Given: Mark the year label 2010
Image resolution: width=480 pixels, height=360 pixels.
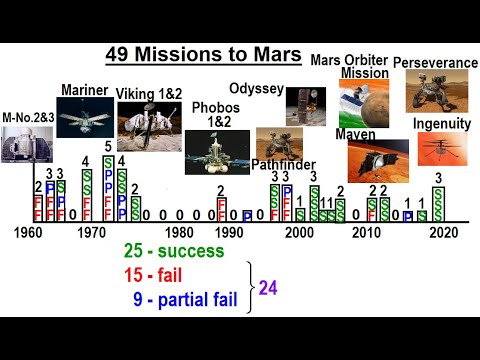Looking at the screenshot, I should pyautogui.click(x=366, y=232).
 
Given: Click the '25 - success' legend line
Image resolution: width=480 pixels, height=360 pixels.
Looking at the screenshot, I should pyautogui.click(x=173, y=252).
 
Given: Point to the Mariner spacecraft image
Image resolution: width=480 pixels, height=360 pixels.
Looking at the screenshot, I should pyautogui.click(x=85, y=120).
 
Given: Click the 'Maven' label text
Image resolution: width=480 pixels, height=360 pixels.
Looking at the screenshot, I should pyautogui.click(x=355, y=133).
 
